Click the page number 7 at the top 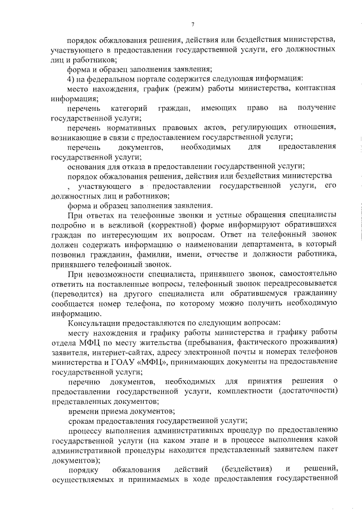click(192, 24)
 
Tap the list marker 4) click(72, 78)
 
